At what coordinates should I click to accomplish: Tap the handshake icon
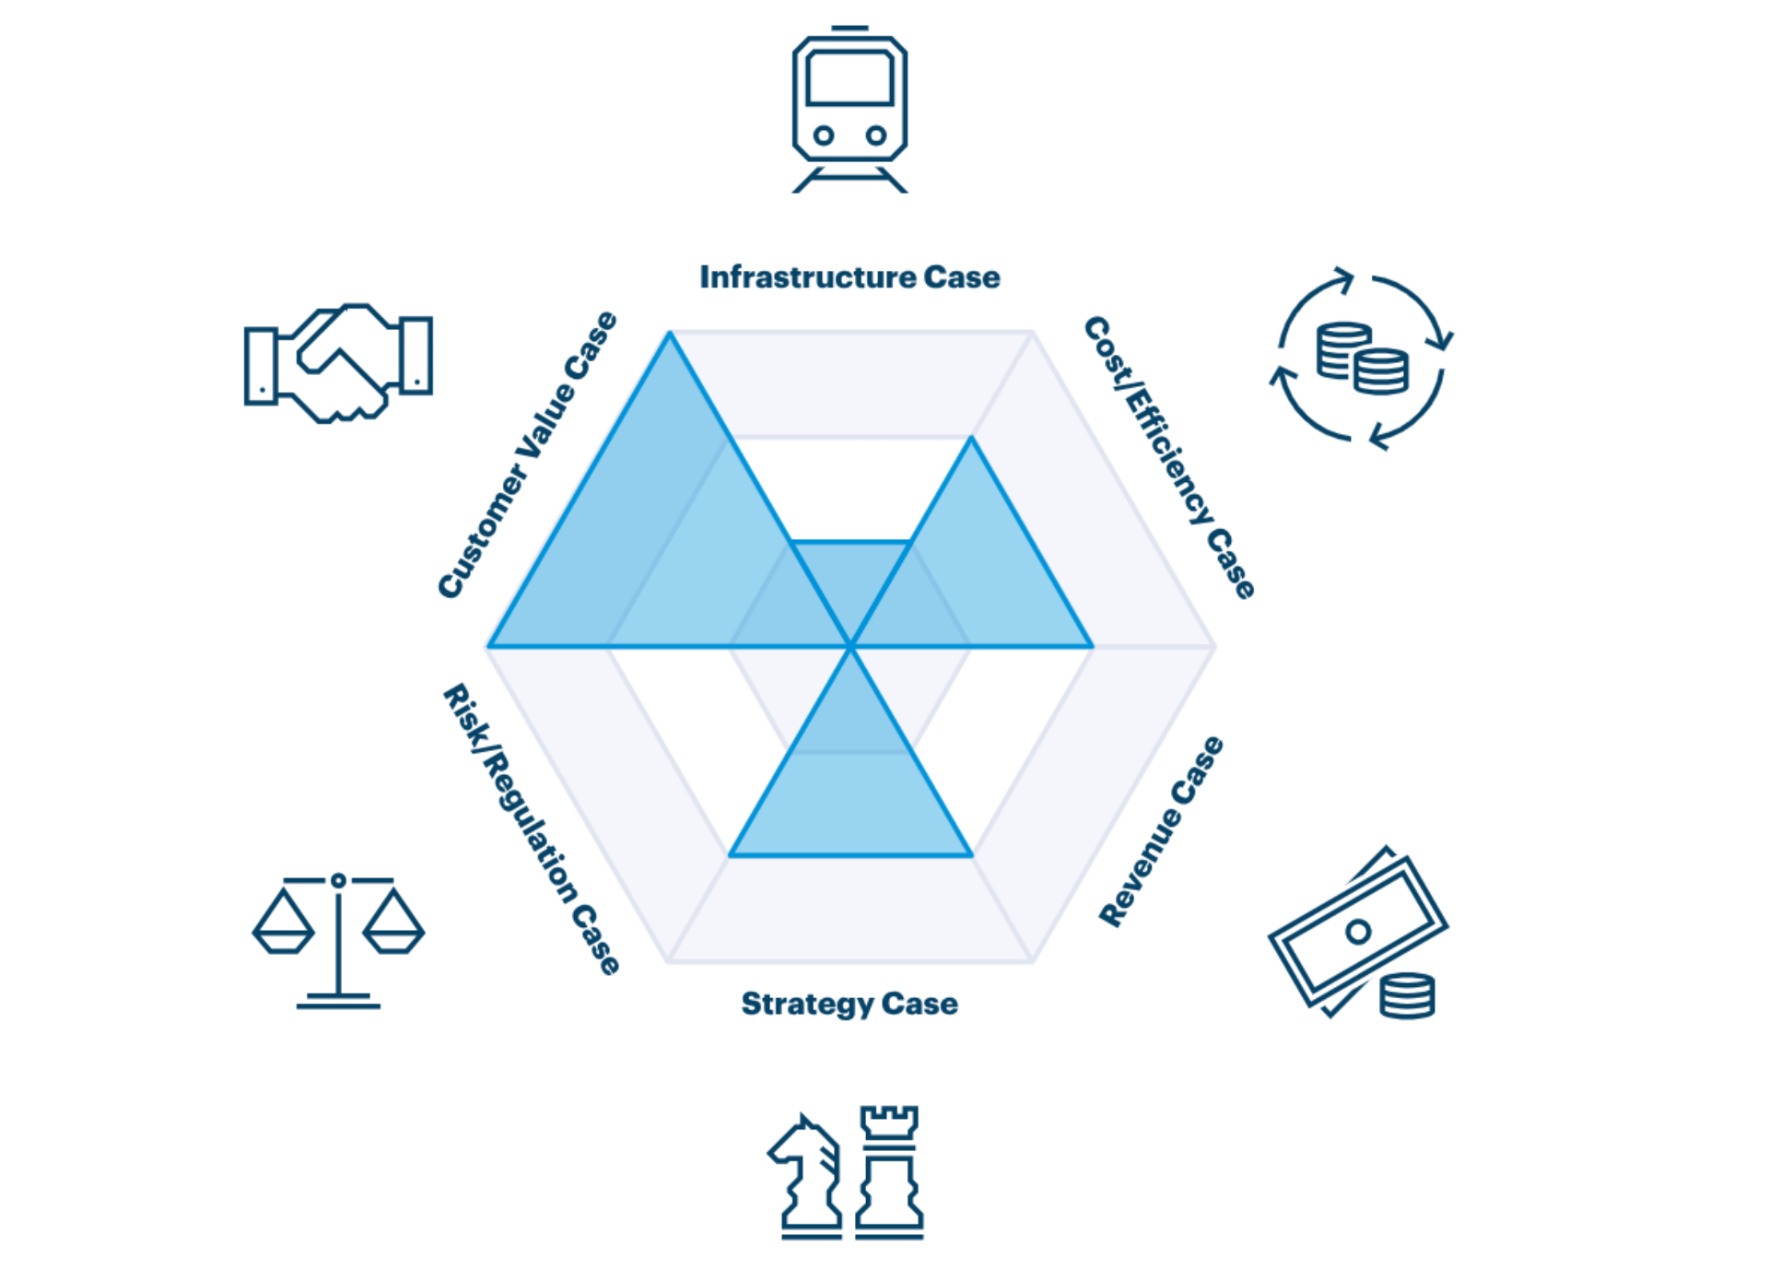tap(338, 362)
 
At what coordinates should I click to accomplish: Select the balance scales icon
tap(338, 940)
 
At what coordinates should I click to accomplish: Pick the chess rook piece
tap(889, 1170)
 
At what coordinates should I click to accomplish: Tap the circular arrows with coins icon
tap(1362, 358)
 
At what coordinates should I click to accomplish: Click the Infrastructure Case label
tap(849, 276)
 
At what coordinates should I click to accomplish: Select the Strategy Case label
tap(849, 1003)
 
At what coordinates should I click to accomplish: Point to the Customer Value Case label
tap(527, 455)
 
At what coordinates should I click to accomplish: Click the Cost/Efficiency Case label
tap(1169, 457)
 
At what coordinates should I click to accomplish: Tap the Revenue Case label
tap(1162, 831)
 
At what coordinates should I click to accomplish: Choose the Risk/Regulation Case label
tap(532, 828)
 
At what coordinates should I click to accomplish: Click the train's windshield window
tap(849, 78)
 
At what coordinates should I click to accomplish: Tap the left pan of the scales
tap(284, 926)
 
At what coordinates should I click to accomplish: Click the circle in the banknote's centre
tap(1357, 932)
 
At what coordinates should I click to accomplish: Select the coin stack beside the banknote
tap(1407, 995)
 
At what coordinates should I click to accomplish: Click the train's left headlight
tap(824, 135)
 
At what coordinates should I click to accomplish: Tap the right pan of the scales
tap(393, 926)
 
